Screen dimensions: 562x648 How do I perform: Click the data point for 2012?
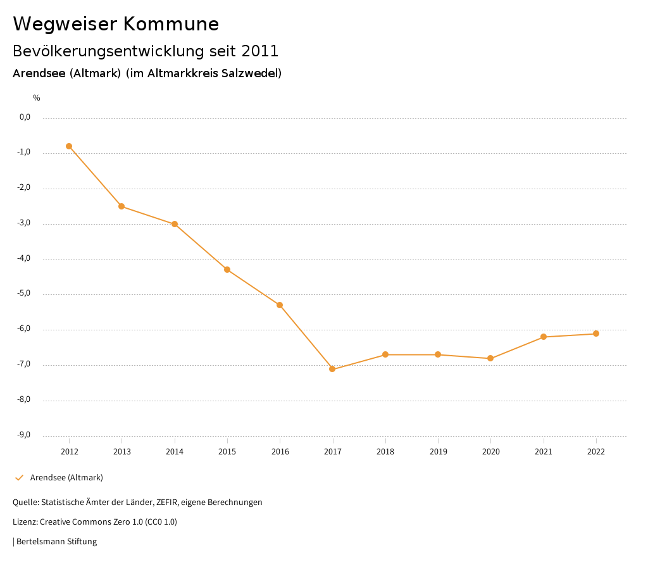pyautogui.click(x=69, y=146)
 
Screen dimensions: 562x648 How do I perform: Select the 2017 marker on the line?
pyautogui.click(x=332, y=369)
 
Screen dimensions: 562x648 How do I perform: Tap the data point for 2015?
pyautogui.click(x=227, y=270)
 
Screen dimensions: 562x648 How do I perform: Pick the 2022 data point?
pyautogui.click(x=596, y=334)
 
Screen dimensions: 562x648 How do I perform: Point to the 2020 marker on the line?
pyautogui.click(x=490, y=358)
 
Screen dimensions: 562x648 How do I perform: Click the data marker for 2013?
pyautogui.click(x=121, y=206)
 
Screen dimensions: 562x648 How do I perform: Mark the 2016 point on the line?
pyautogui.click(x=280, y=305)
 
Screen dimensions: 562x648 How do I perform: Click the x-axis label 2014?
pyautogui.click(x=175, y=451)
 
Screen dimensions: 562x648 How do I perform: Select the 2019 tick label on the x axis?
pyautogui.click(x=438, y=451)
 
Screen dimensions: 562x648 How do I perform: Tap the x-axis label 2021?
pyautogui.click(x=544, y=451)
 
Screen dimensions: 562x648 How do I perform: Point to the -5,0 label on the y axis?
pyautogui.click(x=25, y=294)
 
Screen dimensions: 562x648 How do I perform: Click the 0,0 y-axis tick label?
pyautogui.click(x=25, y=117)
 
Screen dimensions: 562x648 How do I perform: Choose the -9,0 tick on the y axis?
pyautogui.click(x=25, y=435)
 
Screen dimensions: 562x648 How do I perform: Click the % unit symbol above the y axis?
pyautogui.click(x=37, y=98)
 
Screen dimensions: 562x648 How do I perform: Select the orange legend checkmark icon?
pyautogui.click(x=19, y=477)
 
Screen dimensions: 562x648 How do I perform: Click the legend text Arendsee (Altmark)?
pyautogui.click(x=66, y=477)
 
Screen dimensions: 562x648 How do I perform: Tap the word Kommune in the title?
pyautogui.click(x=171, y=24)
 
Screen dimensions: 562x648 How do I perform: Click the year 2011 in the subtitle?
pyautogui.click(x=260, y=51)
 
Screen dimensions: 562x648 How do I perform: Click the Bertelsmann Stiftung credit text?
pyautogui.click(x=56, y=542)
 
